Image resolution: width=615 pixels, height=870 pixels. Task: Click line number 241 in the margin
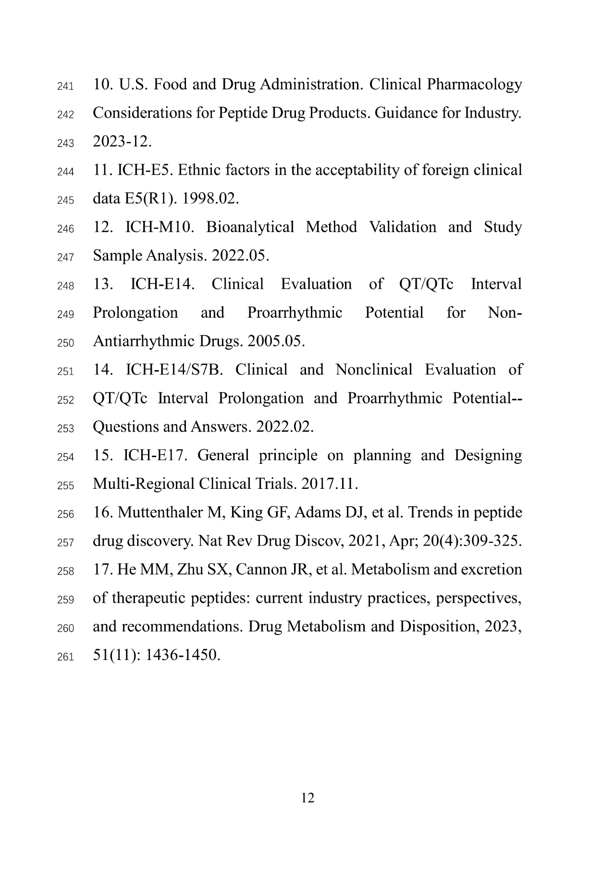click(x=65, y=87)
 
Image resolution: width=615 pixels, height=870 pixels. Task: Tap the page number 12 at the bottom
click(x=307, y=798)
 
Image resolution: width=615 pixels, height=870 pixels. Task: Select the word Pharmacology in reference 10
click(x=474, y=85)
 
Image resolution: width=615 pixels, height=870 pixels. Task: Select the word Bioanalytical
click(x=250, y=227)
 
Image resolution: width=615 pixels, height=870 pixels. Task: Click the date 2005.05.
click(x=276, y=341)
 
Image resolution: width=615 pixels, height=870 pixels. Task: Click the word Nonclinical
click(x=374, y=370)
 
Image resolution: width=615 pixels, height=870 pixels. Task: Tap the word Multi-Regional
click(x=144, y=484)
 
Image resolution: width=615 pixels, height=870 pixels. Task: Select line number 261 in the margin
click(x=65, y=657)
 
